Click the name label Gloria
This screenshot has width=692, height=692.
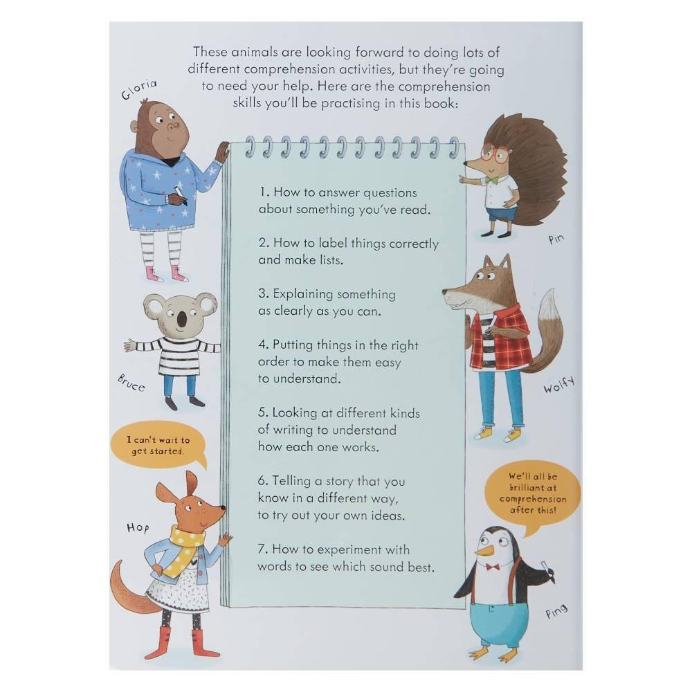[139, 89]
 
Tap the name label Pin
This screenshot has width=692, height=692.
[556, 239]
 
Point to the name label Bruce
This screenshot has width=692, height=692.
[131, 383]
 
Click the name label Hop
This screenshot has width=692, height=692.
[138, 528]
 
